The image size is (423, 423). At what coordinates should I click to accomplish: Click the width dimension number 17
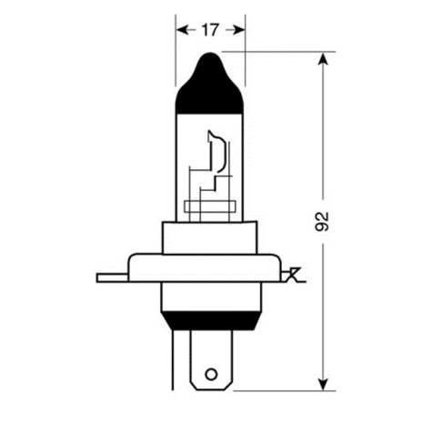click(210, 30)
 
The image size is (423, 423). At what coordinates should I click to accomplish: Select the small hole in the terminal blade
click(211, 373)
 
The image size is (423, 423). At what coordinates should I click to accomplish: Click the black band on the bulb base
click(210, 319)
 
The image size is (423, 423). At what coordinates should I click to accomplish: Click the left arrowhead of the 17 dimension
click(180, 30)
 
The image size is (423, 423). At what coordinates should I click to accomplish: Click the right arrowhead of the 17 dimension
click(240, 30)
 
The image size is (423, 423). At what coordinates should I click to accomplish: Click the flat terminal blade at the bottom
click(211, 359)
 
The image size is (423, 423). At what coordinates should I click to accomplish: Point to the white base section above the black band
click(210, 296)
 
